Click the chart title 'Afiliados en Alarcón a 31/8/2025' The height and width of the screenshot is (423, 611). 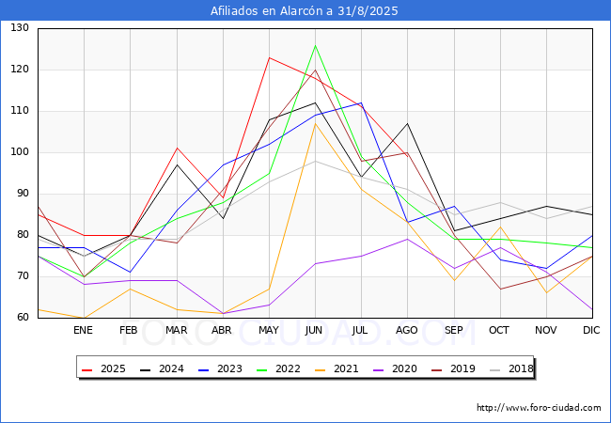[305, 10]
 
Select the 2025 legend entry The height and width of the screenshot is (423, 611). [103, 368]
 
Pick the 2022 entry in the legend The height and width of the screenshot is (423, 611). [278, 368]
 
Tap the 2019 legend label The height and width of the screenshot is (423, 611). [453, 368]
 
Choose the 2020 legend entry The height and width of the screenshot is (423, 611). [395, 368]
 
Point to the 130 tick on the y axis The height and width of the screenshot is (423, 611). [20, 27]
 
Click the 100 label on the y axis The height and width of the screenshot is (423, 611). [20, 152]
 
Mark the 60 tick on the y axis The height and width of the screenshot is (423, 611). [23, 317]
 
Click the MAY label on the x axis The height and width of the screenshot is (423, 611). [269, 330]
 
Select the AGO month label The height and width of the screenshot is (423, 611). [407, 330]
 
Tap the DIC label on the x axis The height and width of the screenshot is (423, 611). [591, 330]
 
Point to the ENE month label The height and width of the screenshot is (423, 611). [83, 330]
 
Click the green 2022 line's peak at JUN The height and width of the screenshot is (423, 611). [315, 45]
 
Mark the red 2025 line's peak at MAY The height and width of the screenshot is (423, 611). [269, 57]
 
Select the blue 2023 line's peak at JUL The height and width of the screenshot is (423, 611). [361, 102]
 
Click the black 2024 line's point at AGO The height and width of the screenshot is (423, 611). [408, 123]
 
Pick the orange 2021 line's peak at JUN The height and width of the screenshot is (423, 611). [315, 123]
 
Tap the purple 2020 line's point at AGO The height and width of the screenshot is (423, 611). [408, 239]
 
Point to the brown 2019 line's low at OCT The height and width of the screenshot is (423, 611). [500, 289]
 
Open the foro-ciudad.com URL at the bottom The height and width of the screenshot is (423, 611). [539, 408]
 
